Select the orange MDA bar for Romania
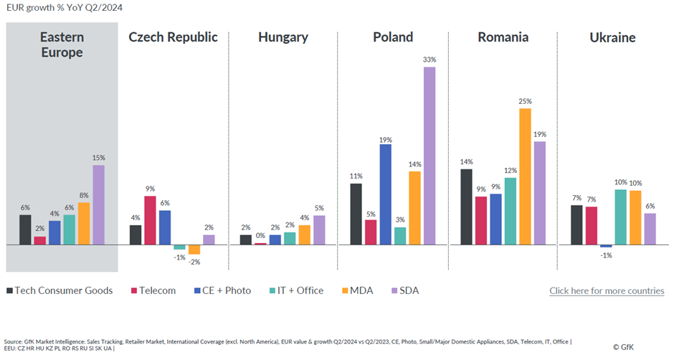525,176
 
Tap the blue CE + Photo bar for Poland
385,194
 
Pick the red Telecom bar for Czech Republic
150,220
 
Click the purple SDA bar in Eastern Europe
98,205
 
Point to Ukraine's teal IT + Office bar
620,217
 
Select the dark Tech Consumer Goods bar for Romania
466,207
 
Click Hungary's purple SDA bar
319,230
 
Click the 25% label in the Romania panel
525,101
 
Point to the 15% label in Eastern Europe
98,158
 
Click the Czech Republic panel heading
173,37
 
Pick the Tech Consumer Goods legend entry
60,290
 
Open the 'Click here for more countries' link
607,290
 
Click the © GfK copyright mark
642,346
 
